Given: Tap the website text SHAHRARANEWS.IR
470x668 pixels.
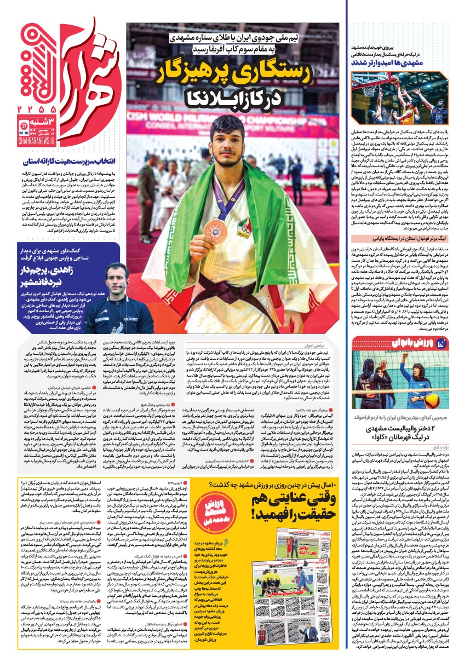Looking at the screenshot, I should coord(37,140).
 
